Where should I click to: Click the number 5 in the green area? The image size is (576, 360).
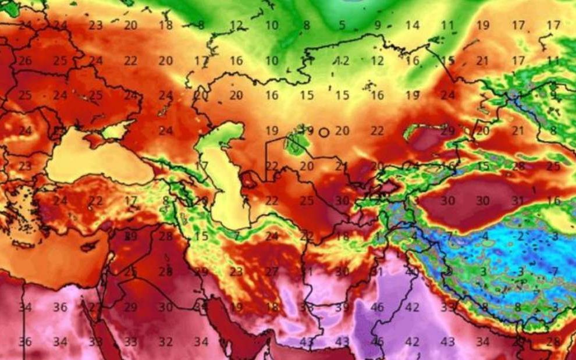(342, 26)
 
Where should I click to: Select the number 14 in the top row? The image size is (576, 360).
(413, 25)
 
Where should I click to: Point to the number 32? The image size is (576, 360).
(166, 341)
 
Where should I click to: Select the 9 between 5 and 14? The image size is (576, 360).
(378, 25)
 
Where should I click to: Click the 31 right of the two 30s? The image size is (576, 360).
(518, 200)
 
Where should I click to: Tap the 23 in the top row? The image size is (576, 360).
(96, 25)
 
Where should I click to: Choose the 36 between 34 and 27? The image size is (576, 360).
(61, 306)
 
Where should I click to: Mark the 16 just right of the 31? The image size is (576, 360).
(553, 200)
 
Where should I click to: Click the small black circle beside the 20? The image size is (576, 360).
(324, 132)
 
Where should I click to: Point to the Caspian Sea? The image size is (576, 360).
(224, 186)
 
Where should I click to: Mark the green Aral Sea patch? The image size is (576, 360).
(297, 140)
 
